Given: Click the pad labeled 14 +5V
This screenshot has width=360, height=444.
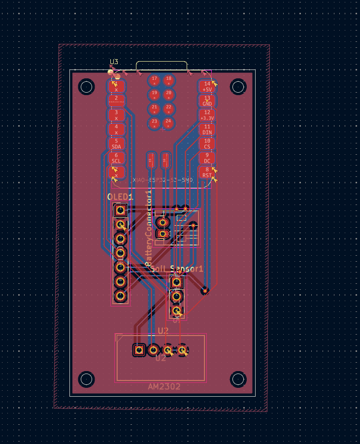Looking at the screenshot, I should tap(207, 87).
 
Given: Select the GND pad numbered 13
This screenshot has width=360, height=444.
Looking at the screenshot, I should tap(207, 101).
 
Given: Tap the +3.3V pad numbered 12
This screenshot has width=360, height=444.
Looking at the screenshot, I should tap(207, 115).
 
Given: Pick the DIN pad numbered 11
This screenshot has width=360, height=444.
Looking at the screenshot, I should tap(207, 130).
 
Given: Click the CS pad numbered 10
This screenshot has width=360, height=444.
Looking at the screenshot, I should tap(207, 143).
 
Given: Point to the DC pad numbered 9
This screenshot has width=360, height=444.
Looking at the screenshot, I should tap(207, 158).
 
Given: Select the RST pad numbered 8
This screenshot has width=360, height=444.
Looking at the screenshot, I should tap(207, 172).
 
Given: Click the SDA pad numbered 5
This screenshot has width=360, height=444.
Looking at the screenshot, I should tap(117, 143).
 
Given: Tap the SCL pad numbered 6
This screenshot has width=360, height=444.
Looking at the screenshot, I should tap(117, 158).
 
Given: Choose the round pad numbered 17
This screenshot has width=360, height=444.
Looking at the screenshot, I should tap(155, 80).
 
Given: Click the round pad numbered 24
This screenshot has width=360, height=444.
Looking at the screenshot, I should tap(169, 122).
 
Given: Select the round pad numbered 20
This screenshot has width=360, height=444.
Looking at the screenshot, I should tap(169, 94).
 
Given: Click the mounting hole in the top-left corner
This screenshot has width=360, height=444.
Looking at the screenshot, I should tap(87, 87).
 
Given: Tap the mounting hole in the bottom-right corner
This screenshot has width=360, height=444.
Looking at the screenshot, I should tap(238, 379).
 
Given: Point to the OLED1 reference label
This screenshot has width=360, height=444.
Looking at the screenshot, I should tap(120, 197).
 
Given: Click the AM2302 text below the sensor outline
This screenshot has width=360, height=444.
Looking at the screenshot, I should tap(164, 387).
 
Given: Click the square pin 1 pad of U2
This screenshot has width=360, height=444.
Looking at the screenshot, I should tap(139, 350).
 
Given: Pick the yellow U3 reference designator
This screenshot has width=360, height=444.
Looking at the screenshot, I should tap(114, 62).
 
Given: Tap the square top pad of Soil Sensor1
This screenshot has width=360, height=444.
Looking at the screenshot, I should tap(176, 282).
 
